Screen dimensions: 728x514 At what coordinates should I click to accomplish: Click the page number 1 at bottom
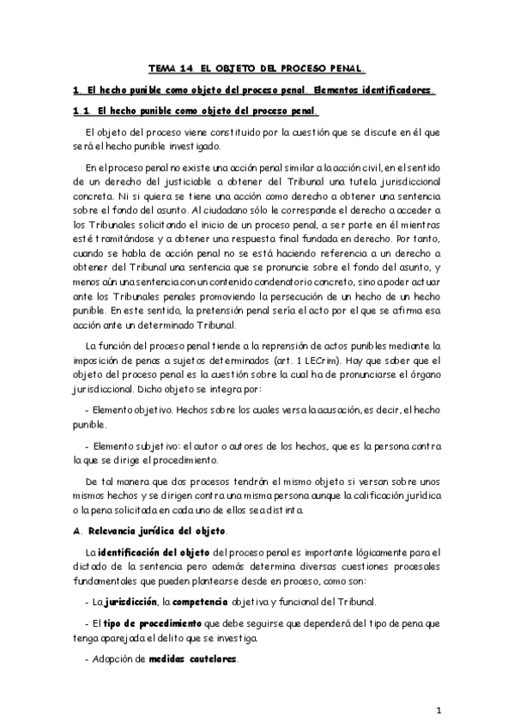pos(438,711)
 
